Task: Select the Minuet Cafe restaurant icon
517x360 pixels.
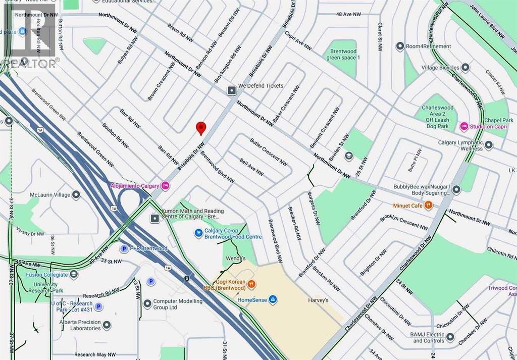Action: click(x=429, y=205)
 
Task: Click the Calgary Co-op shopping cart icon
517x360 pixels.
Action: click(x=199, y=233)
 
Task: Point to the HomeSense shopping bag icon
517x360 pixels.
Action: click(x=273, y=300)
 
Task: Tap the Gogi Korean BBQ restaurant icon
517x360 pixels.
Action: click(x=251, y=285)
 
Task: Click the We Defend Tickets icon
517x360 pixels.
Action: click(x=231, y=90)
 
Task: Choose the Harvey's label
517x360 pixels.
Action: click(x=318, y=300)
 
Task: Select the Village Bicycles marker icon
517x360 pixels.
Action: click(x=465, y=67)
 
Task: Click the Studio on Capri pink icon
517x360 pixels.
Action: click(x=464, y=126)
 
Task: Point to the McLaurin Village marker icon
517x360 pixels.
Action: click(x=76, y=194)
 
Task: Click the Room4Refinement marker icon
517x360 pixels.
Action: click(x=400, y=46)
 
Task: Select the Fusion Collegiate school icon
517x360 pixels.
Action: click(x=74, y=275)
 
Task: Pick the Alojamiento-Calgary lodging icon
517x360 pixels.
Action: click(x=165, y=186)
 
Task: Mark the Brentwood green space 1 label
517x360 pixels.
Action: click(x=343, y=55)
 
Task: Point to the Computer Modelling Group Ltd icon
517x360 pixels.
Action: click(x=147, y=304)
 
